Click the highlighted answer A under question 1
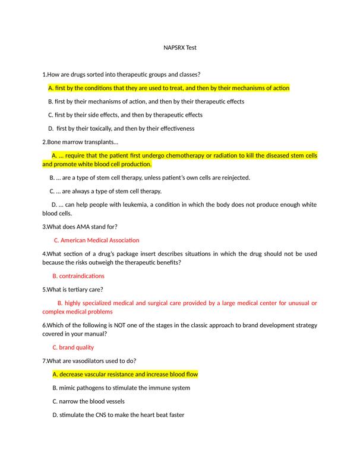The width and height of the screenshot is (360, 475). point(168,88)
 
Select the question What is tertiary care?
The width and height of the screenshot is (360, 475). point(73,290)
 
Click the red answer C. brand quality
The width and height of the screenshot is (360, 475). point(73,347)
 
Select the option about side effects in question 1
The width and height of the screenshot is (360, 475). point(125,115)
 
